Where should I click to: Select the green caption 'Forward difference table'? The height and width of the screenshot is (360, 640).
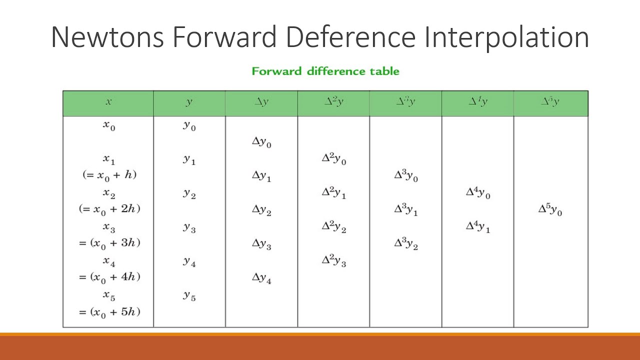tap(325, 71)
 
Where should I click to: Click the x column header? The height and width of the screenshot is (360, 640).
tap(108, 102)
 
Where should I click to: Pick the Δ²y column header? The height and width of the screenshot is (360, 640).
tap(333, 102)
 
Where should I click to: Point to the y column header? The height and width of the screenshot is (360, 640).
tap(189, 102)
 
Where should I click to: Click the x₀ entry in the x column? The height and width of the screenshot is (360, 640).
tap(109, 126)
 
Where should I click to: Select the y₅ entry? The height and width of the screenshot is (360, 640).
tap(189, 296)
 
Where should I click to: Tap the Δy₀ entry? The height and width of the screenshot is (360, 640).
tap(261, 142)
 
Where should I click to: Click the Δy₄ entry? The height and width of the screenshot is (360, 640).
tap(261, 279)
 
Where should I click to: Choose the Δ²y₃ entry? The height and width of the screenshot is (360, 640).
tap(333, 260)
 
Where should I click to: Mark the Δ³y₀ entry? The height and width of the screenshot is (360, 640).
tap(405, 176)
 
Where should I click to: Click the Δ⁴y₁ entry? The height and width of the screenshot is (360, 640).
tap(477, 227)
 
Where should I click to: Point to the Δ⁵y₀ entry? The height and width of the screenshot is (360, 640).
tap(550, 210)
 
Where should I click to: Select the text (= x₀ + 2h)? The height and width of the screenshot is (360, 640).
tap(109, 209)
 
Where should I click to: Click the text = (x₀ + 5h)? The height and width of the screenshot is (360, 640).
tap(109, 312)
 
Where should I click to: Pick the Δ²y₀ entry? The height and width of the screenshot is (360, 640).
tap(333, 159)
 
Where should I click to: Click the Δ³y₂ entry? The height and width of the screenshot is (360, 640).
tap(405, 244)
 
